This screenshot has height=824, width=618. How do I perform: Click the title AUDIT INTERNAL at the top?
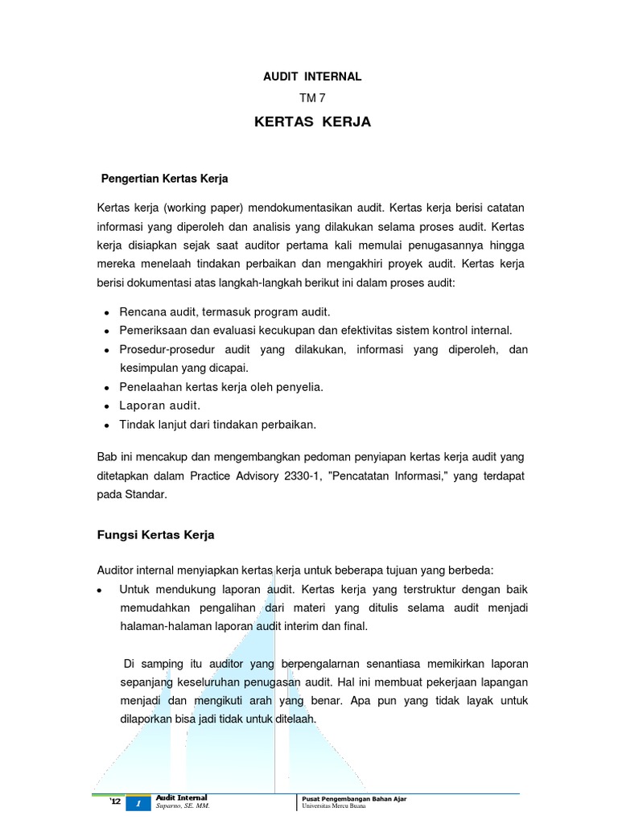[x=312, y=76]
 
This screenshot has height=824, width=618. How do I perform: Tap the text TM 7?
[x=312, y=98]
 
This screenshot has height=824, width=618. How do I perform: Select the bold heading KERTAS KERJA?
[x=312, y=122]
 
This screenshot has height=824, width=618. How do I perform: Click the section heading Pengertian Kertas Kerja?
[x=164, y=178]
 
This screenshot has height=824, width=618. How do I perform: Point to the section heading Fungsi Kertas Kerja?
[x=155, y=534]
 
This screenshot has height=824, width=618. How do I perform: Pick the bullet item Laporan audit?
[x=159, y=405]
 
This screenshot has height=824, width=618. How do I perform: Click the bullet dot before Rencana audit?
[x=107, y=312]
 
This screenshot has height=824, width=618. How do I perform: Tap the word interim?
[x=299, y=625]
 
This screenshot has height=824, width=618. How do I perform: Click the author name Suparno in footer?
[x=171, y=805]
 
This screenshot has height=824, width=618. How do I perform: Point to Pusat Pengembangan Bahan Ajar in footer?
[x=349, y=797]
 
